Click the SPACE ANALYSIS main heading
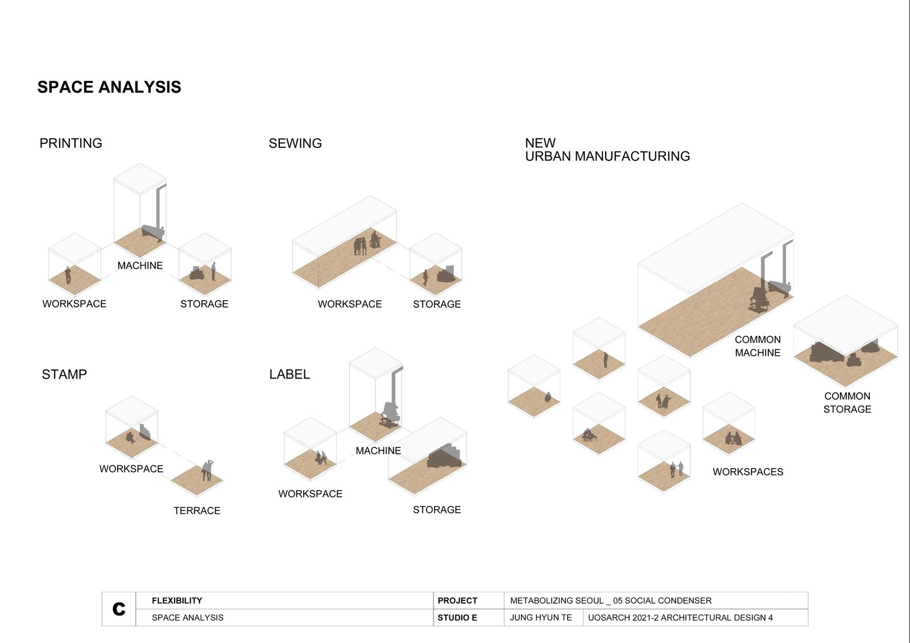point(109,87)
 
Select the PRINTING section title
point(71,143)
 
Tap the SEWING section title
point(295,143)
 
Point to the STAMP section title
point(64,374)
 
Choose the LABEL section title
point(289,374)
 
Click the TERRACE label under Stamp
point(197,511)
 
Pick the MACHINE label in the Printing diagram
point(140,266)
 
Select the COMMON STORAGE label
point(847,403)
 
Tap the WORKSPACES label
point(748,472)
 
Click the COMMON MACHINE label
point(758,346)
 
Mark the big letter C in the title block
point(119,608)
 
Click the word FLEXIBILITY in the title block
point(177,600)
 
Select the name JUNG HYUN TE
point(541,617)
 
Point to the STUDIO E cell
point(457,617)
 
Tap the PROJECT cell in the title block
point(457,600)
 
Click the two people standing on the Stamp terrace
point(207,470)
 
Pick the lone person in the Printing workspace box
point(68,275)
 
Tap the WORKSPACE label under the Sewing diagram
point(350,304)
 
